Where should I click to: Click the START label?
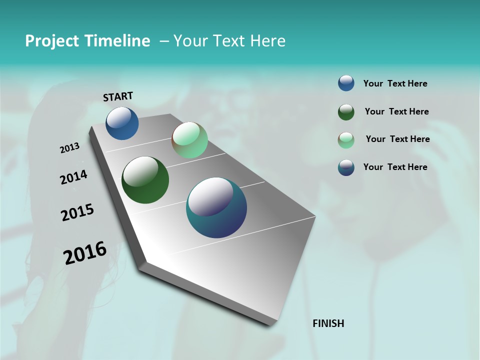[118, 96]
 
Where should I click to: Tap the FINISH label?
[328, 323]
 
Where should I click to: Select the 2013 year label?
[69, 148]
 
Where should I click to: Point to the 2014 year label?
[73, 177]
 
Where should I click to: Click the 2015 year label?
[77, 212]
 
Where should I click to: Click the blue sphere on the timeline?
[122, 123]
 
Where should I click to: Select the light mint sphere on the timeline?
[189, 140]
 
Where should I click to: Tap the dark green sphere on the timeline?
[145, 180]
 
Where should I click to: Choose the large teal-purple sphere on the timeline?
[216, 207]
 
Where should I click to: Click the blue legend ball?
[346, 83]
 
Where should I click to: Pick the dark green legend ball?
[346, 112]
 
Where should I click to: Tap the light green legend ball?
[346, 140]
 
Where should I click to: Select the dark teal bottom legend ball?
[346, 167]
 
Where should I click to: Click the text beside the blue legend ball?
[395, 83]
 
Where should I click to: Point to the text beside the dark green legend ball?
[396, 111]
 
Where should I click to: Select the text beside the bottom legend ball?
[395, 167]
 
